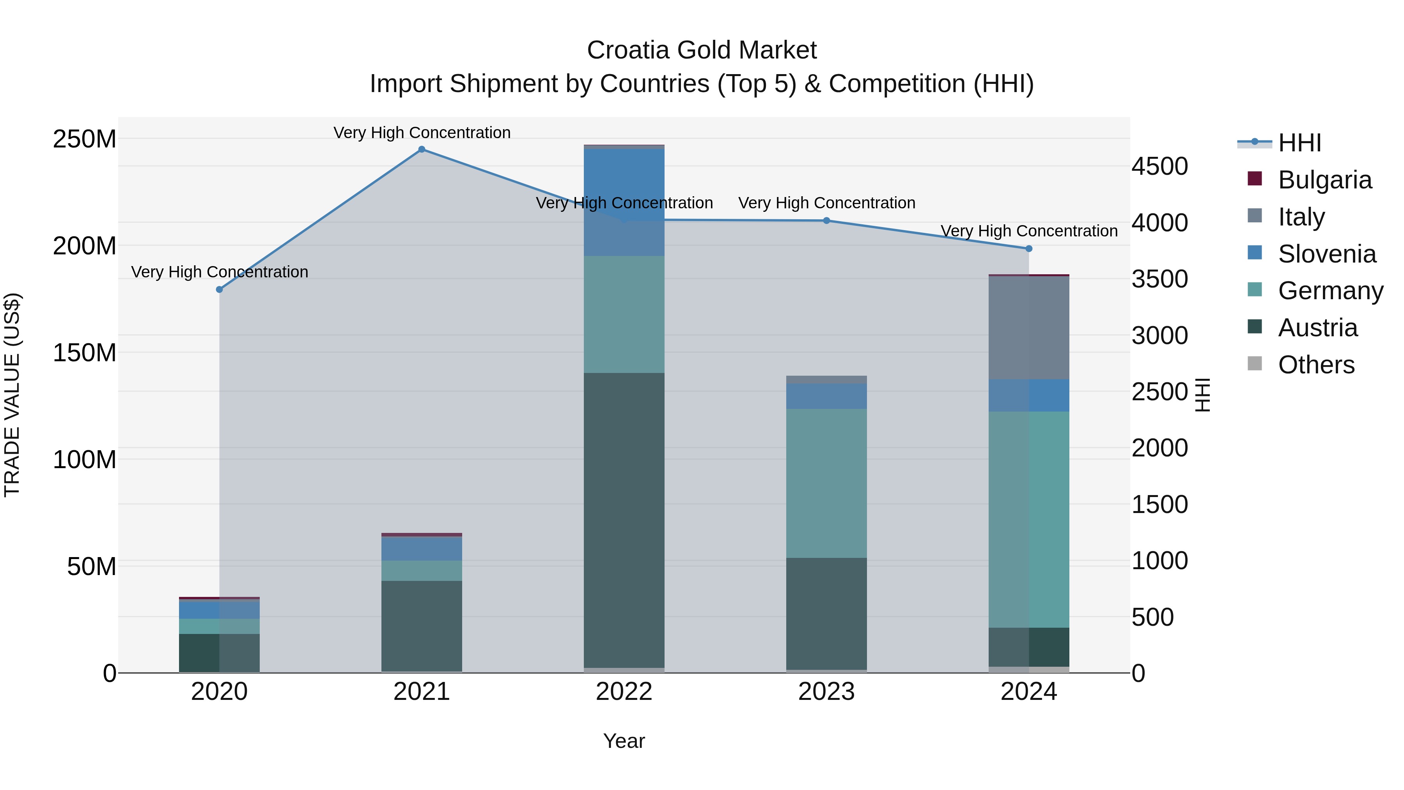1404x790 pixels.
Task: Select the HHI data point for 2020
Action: [220, 289]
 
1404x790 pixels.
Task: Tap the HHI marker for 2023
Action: [826, 221]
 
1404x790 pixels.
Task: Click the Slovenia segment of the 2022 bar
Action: [624, 202]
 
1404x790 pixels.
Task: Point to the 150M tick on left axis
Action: [85, 353]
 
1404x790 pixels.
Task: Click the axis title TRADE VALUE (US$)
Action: [12, 395]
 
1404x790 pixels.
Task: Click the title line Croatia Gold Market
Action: [702, 50]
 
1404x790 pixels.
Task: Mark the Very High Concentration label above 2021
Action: [422, 133]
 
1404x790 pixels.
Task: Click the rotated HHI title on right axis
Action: [1202, 395]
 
